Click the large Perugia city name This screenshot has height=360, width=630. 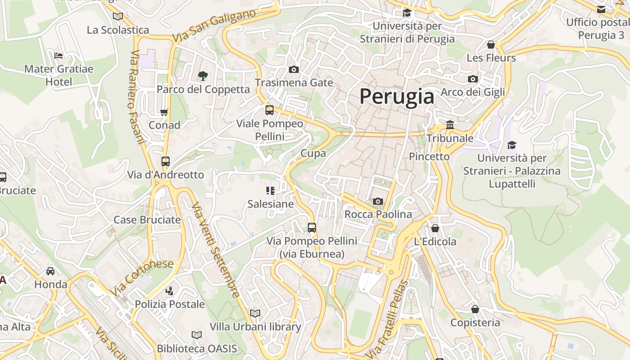click(x=397, y=96)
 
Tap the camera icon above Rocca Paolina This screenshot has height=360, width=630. click(x=378, y=201)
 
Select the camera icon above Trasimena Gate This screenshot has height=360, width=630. click(x=294, y=69)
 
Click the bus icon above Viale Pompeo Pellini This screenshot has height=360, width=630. click(x=270, y=110)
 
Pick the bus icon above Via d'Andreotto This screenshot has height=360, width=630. click(x=166, y=161)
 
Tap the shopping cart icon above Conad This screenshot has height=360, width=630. click(x=164, y=112)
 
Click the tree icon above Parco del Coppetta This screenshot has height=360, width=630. click(x=203, y=76)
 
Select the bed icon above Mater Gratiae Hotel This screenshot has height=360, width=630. click(x=58, y=56)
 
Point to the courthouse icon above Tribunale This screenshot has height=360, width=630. click(x=450, y=125)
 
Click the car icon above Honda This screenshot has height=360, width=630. click(x=50, y=271)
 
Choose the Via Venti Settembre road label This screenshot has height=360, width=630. click(x=216, y=250)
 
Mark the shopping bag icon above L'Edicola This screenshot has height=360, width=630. click(x=435, y=228)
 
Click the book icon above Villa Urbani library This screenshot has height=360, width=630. click(x=255, y=313)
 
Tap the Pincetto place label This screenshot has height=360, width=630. click(x=429, y=156)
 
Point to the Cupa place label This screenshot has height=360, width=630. click(x=313, y=153)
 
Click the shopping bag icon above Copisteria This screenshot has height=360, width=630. click(x=475, y=309)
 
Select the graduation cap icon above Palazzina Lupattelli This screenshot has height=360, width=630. click(x=512, y=145)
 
